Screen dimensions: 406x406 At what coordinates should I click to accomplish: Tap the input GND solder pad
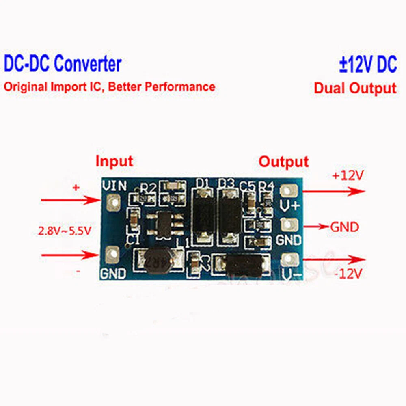pyautogui.click(x=111, y=255)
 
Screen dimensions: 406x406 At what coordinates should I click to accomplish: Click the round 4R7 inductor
pyautogui.click(x=159, y=260)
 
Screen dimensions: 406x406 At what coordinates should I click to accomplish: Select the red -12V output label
pyautogui.click(x=348, y=274)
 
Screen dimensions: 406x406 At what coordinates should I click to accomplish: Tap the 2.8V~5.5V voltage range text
pyautogui.click(x=65, y=231)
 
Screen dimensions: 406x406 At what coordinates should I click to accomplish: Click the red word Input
pyautogui.click(x=114, y=161)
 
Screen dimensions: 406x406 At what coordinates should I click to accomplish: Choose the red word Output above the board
pyautogui.click(x=284, y=161)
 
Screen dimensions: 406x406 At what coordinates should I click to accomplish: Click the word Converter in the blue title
pyautogui.click(x=87, y=64)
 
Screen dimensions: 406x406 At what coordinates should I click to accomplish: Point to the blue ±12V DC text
pyautogui.click(x=368, y=65)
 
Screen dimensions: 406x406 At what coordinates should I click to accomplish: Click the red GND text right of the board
pyautogui.click(x=344, y=227)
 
